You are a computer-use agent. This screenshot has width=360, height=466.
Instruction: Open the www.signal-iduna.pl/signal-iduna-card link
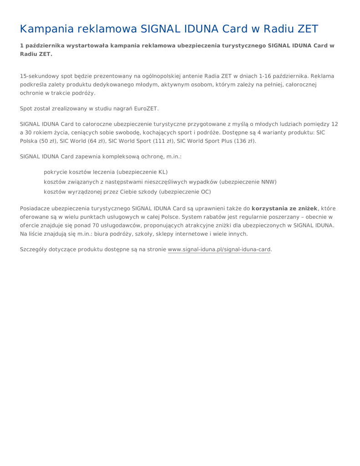(x=219, y=249)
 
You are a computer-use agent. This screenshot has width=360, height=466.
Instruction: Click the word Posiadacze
(x=35, y=208)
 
